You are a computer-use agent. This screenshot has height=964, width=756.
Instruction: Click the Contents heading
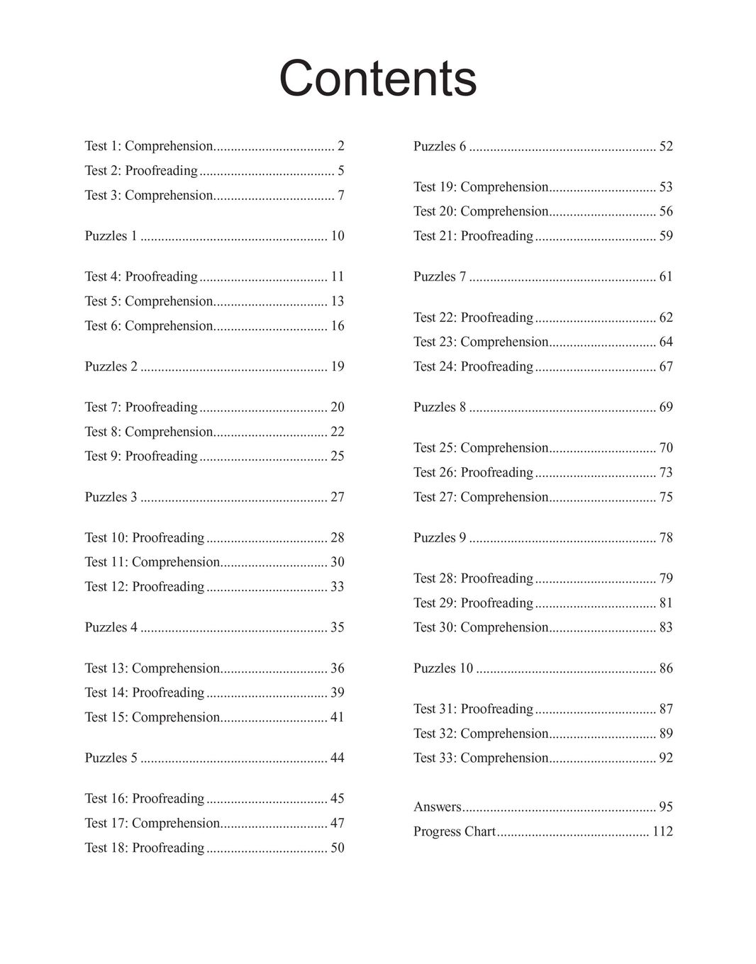tap(377, 78)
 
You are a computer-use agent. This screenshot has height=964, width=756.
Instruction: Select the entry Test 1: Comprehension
tap(148, 146)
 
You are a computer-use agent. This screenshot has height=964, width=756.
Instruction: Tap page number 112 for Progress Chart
tap(662, 831)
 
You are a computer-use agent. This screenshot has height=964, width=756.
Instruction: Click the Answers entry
tap(437, 807)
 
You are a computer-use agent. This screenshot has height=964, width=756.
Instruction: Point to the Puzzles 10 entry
tap(443, 668)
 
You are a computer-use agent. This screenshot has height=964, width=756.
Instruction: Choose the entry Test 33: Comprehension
tap(481, 758)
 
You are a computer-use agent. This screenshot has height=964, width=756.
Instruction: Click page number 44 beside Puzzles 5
tap(337, 758)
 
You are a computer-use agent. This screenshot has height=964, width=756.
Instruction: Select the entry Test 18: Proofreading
tap(144, 848)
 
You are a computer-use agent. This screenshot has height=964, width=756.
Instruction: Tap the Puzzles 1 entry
tap(111, 236)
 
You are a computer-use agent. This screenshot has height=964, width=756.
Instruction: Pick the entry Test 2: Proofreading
tap(141, 171)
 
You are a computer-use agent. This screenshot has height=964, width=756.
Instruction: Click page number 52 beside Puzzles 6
tap(666, 147)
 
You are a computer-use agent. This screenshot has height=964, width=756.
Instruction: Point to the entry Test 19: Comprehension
tap(481, 187)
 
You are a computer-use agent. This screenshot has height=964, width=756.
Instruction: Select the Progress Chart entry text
tap(454, 831)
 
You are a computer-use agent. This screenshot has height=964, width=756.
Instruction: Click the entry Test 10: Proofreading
tap(144, 538)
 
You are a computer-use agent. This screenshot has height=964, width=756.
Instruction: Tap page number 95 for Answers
tap(666, 807)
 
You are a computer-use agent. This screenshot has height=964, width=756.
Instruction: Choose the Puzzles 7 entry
tap(440, 276)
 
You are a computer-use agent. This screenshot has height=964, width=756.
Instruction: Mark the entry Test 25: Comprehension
tap(481, 448)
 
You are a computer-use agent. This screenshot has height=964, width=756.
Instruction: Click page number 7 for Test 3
tap(341, 196)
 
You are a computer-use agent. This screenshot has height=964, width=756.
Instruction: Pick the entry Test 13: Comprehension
tap(152, 668)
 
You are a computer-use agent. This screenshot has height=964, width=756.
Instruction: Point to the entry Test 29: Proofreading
tap(473, 603)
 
